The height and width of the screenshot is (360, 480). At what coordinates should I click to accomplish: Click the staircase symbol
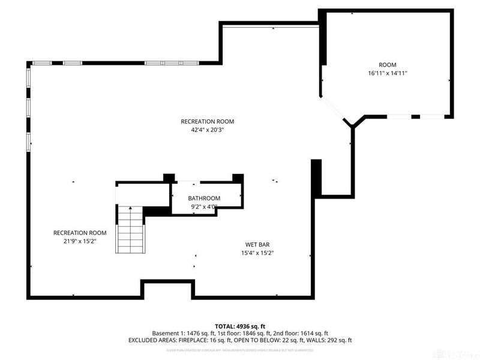coord(130,230)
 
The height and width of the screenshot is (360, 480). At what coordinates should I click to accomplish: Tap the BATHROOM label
coord(204,199)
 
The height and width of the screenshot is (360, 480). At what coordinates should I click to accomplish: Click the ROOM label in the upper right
coord(387,65)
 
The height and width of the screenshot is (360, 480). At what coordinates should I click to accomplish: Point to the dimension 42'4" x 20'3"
coord(207,130)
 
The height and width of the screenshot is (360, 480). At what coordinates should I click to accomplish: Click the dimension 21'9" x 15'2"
coord(80,241)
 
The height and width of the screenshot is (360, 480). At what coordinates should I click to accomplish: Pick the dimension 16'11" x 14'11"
coord(388,73)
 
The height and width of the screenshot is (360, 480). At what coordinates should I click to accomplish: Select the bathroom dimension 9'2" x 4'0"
coord(204,207)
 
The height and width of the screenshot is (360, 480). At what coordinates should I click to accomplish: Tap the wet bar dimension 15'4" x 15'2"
coord(258,253)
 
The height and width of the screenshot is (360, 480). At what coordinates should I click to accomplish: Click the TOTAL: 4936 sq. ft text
coord(240,326)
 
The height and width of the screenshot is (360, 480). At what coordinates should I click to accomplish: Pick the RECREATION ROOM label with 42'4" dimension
coord(207,121)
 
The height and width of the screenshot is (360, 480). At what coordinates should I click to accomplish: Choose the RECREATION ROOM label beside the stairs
coord(80,233)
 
